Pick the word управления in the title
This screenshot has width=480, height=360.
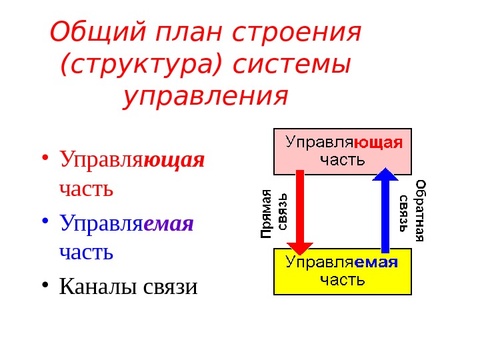coord(206,97)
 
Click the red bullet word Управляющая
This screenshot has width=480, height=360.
coord(132,160)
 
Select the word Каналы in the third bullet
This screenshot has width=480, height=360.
coord(98,286)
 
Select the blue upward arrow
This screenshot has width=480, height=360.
coord(385,210)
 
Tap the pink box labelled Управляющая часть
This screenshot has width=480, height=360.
coord(343,151)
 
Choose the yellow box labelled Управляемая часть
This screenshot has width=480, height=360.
coord(343,271)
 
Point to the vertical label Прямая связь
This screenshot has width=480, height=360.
coord(273,213)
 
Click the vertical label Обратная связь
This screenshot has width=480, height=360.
coord(412,210)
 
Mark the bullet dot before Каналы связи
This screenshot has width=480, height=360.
coord(45,285)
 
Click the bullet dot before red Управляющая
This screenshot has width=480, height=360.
coord(45,159)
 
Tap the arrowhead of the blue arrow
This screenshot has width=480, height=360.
coord(385,175)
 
